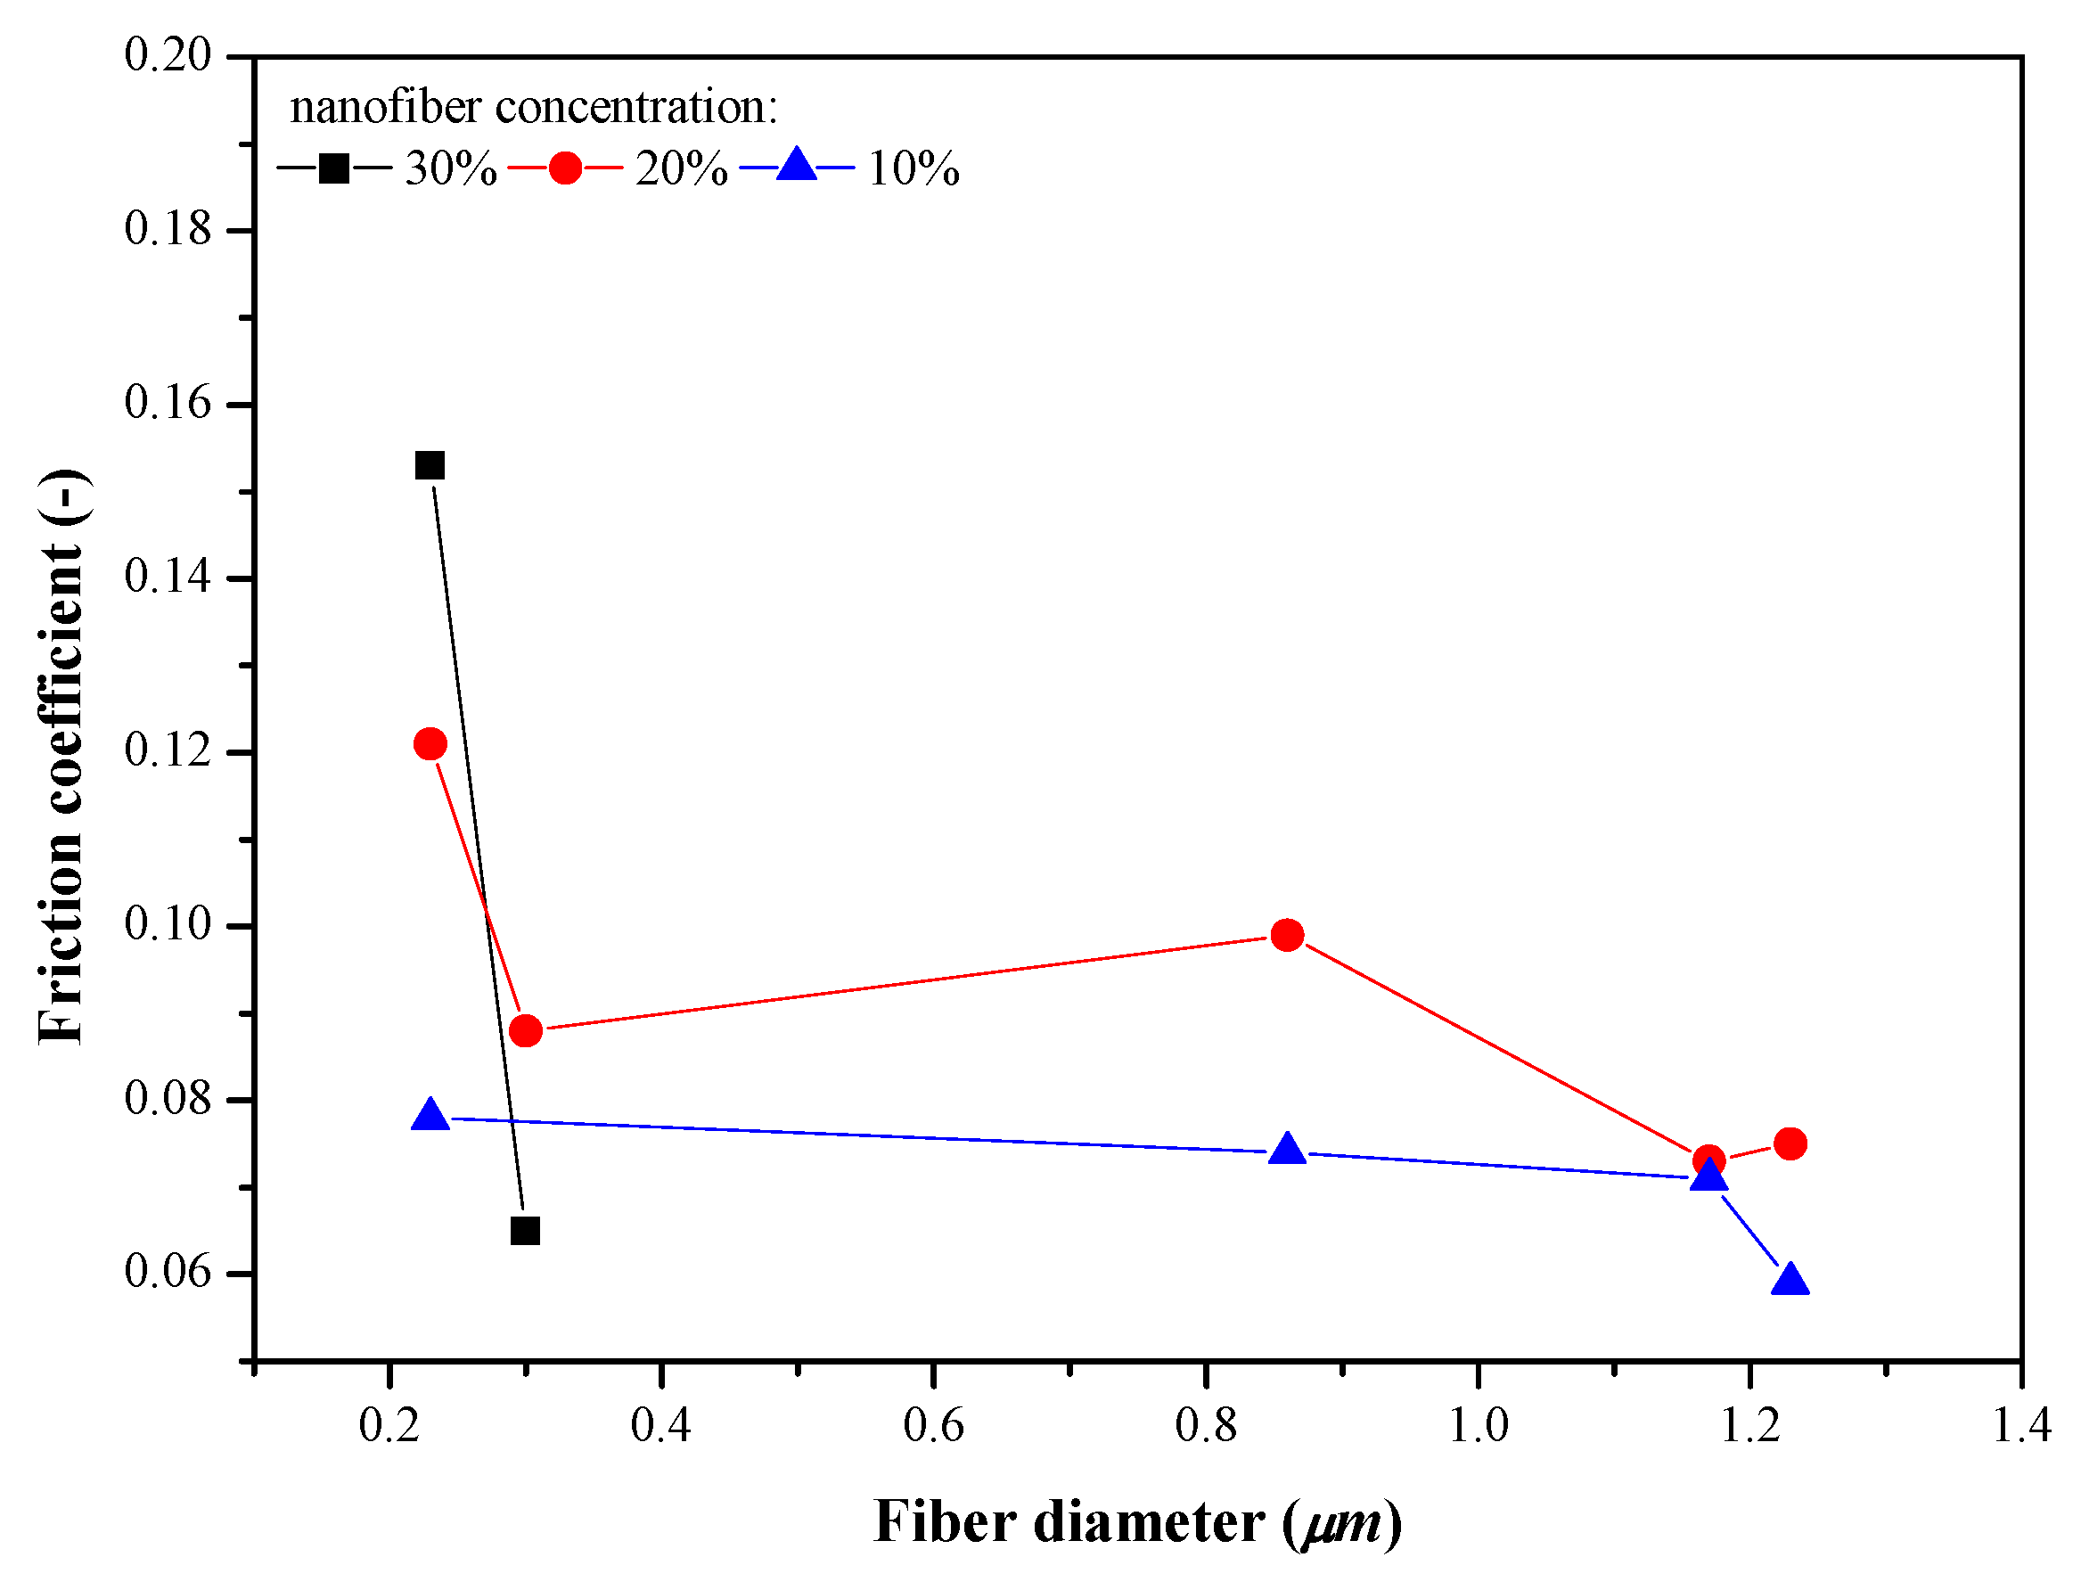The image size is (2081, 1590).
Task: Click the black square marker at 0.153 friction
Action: pyautogui.click(x=430, y=465)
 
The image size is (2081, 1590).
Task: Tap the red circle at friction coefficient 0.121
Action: pyautogui.click(x=430, y=744)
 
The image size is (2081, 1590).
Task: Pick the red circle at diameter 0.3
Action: pyautogui.click(x=525, y=1030)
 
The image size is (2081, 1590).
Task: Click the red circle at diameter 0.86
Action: pyautogui.click(x=1287, y=935)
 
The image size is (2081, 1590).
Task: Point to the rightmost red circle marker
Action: pyautogui.click(x=1790, y=1143)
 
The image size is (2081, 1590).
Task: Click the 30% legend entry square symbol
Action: pyautogui.click(x=333, y=168)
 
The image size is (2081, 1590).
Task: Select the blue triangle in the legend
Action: pyautogui.click(x=797, y=166)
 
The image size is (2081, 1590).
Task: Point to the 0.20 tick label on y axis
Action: pyautogui.click(x=168, y=55)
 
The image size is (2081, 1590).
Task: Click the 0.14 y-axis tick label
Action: pyautogui.click(x=168, y=578)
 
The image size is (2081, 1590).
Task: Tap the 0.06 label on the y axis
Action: pyautogui.click(x=168, y=1272)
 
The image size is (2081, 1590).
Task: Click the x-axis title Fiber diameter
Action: pyautogui.click(x=1069, y=1524)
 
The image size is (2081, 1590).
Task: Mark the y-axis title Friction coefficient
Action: pyautogui.click(x=61, y=758)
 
